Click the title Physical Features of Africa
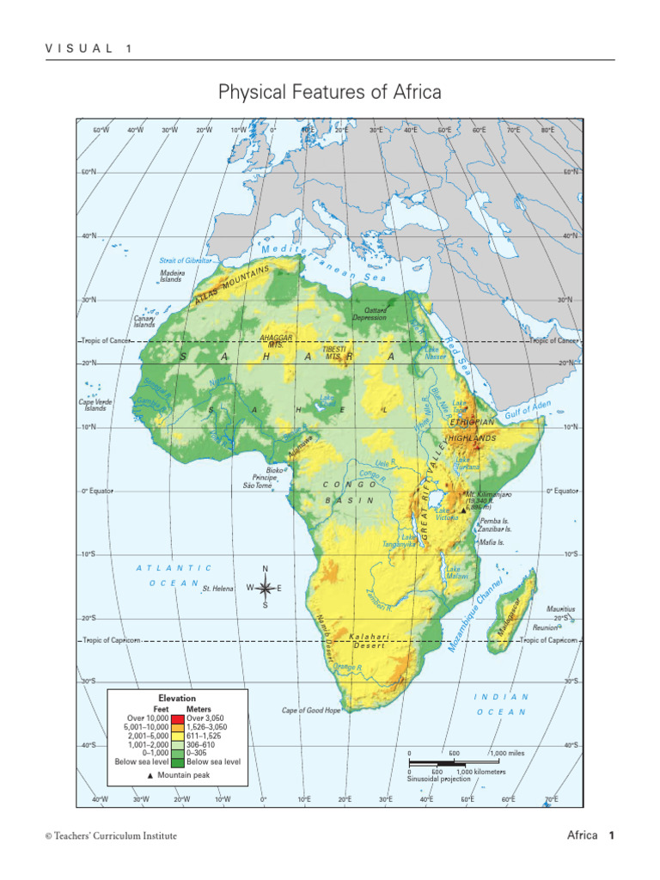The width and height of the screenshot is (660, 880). click(x=330, y=92)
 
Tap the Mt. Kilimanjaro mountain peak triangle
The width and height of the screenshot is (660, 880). click(x=463, y=510)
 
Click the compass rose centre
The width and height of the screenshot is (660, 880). click(x=265, y=588)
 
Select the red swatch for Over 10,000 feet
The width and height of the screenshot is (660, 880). click(x=178, y=718)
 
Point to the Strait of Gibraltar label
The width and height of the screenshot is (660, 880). click(x=185, y=260)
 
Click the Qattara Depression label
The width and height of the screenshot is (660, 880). click(x=370, y=313)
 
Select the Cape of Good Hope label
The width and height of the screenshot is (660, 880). click(x=311, y=711)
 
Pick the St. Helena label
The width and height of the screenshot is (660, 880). click(x=218, y=590)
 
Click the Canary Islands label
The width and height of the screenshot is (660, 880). click(x=144, y=321)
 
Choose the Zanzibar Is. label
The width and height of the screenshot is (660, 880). click(x=497, y=530)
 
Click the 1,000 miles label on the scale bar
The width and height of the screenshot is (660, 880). click(x=506, y=753)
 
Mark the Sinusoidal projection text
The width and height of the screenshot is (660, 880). click(x=438, y=779)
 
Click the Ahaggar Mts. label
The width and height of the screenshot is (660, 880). click(x=276, y=340)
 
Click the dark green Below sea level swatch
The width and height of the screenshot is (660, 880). click(x=178, y=761)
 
